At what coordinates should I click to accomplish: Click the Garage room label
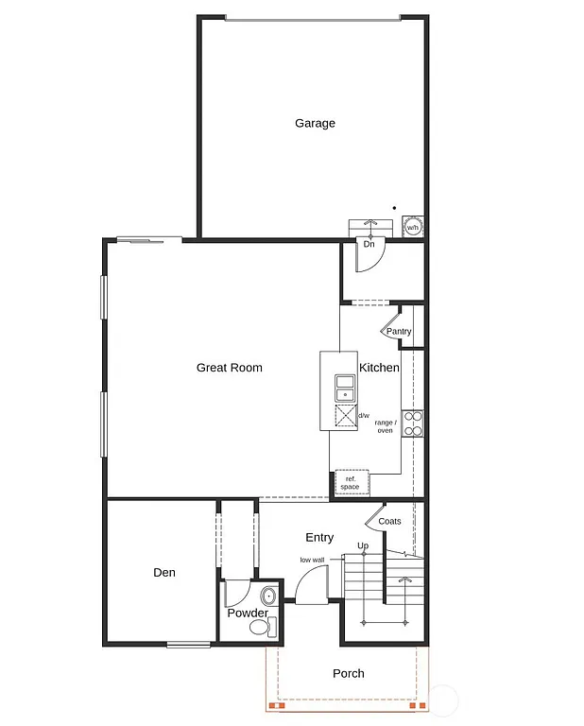(315, 123)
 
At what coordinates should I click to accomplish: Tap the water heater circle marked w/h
(413, 228)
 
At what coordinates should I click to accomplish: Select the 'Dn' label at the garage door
(369, 244)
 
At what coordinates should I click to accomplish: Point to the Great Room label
(229, 368)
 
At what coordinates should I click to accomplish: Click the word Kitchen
(379, 368)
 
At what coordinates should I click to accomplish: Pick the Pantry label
(399, 332)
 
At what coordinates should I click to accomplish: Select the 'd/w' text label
(364, 415)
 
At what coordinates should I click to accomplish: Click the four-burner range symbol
(413, 423)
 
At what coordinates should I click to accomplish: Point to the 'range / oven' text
(385, 426)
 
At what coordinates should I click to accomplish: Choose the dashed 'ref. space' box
(351, 483)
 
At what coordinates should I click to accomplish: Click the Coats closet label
(389, 522)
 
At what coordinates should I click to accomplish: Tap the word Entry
(319, 538)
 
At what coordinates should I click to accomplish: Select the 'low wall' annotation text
(313, 560)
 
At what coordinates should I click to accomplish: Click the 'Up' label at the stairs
(362, 545)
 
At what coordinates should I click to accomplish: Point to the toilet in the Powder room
(260, 626)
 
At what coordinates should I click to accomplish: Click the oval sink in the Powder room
(267, 596)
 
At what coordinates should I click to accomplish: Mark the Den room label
(163, 573)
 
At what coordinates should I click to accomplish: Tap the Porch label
(349, 674)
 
